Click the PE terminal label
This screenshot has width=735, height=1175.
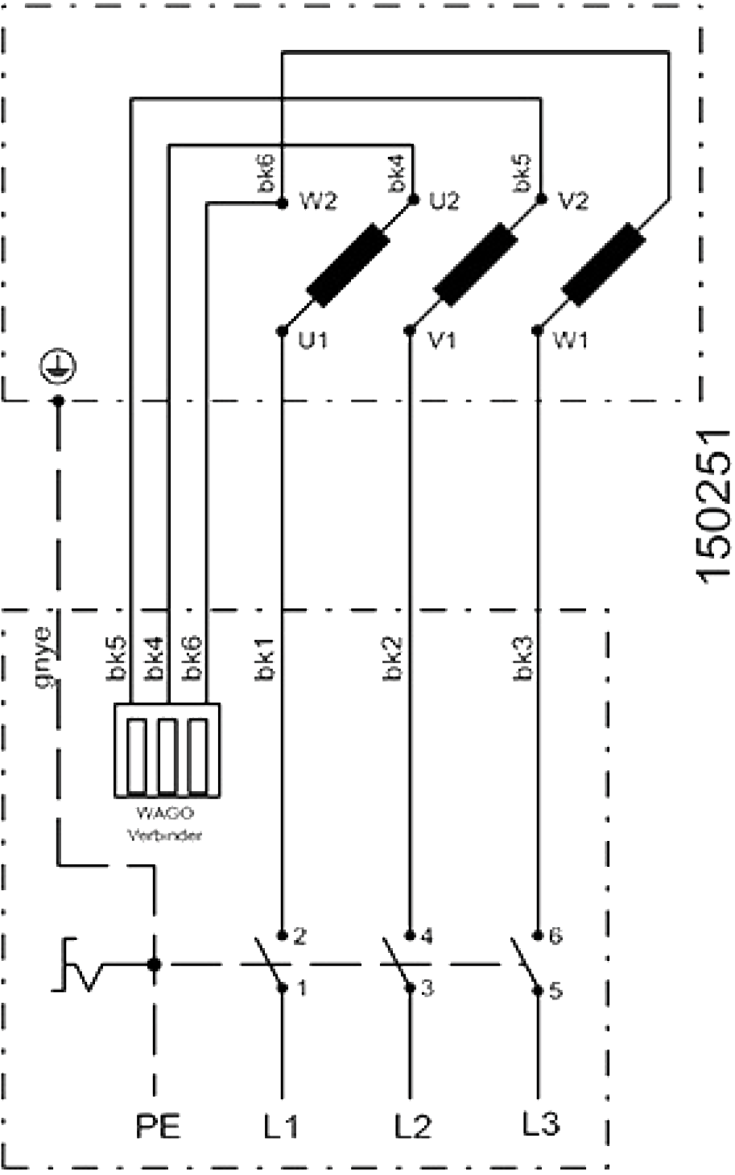[158, 1124]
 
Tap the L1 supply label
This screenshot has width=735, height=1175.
[279, 1124]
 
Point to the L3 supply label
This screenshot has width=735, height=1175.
[540, 1123]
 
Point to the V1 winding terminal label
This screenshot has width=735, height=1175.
[442, 341]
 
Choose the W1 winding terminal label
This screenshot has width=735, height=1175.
[571, 341]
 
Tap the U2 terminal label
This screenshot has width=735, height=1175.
[444, 201]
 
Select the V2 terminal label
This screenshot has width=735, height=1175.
[572, 201]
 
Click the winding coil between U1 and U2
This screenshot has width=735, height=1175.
[347, 266]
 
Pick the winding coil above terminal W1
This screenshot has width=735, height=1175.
[604, 266]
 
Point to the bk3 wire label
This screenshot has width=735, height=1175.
[522, 660]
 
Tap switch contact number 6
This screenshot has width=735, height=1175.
[555, 936]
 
